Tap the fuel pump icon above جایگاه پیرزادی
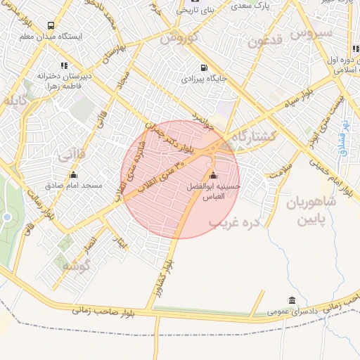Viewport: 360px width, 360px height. tap(203, 69)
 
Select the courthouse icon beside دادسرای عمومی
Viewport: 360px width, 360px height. tap(292, 300)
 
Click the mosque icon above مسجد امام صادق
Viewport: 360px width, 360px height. tap(73, 176)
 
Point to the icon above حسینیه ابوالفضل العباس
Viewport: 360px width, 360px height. tap(214, 176)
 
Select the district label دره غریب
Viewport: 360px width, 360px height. tap(234, 222)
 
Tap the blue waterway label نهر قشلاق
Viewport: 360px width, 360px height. tap(345, 131)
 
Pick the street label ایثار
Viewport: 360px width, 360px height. tap(124, 244)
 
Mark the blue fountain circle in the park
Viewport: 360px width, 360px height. tap(6, 217)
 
